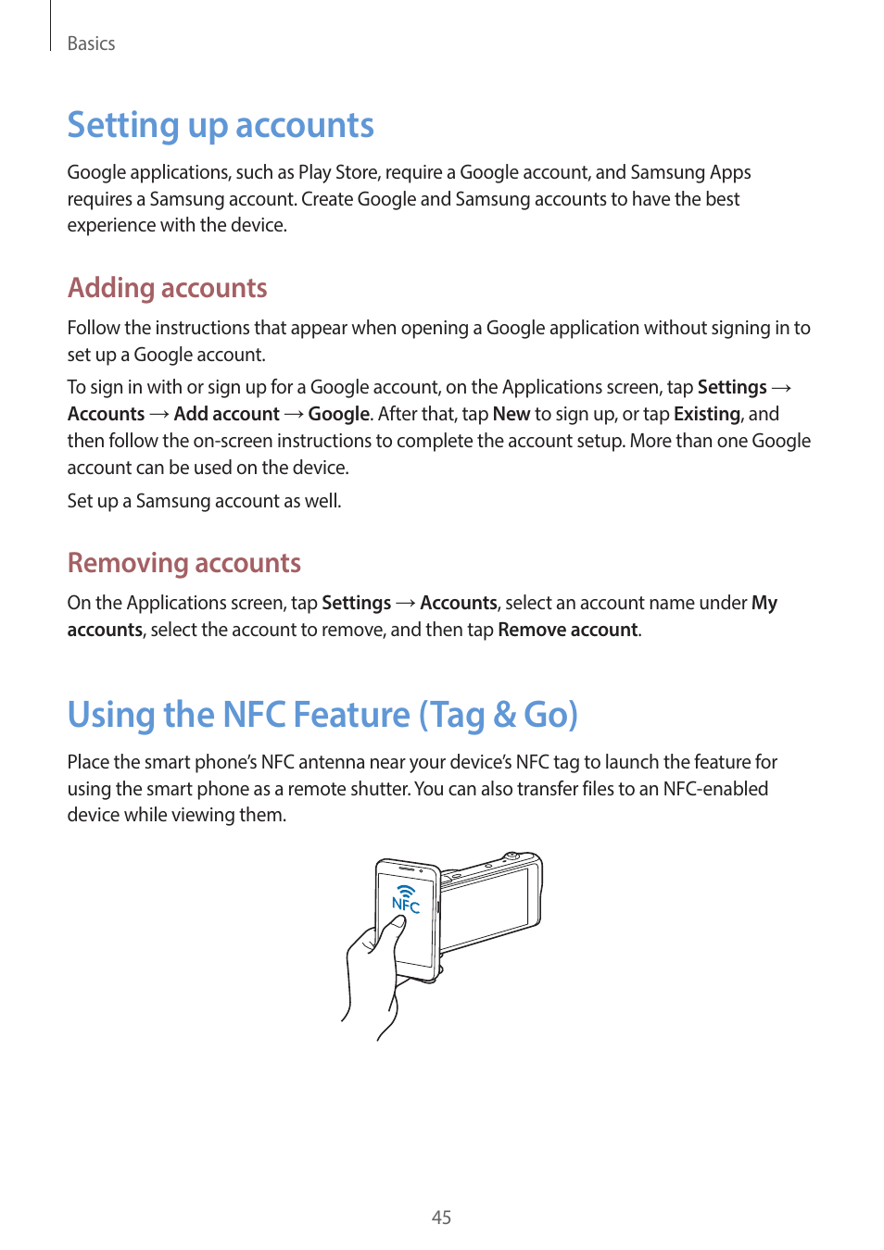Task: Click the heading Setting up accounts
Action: [x=221, y=125]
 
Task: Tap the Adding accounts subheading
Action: [x=168, y=288]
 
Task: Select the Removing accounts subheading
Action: [x=184, y=563]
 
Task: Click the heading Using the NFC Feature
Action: [x=322, y=715]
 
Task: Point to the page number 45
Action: [x=441, y=1218]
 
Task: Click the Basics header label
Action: [x=91, y=44]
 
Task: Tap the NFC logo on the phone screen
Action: [x=406, y=899]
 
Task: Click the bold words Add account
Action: [x=226, y=414]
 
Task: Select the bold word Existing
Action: [x=707, y=414]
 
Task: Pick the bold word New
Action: [x=511, y=414]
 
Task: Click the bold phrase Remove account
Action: [x=568, y=630]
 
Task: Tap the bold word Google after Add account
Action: [x=339, y=414]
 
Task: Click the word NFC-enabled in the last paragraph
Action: [x=715, y=789]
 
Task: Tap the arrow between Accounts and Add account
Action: [x=159, y=414]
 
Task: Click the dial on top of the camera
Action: [x=510, y=857]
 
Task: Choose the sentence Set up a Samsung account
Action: [x=204, y=501]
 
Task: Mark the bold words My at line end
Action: [x=764, y=603]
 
